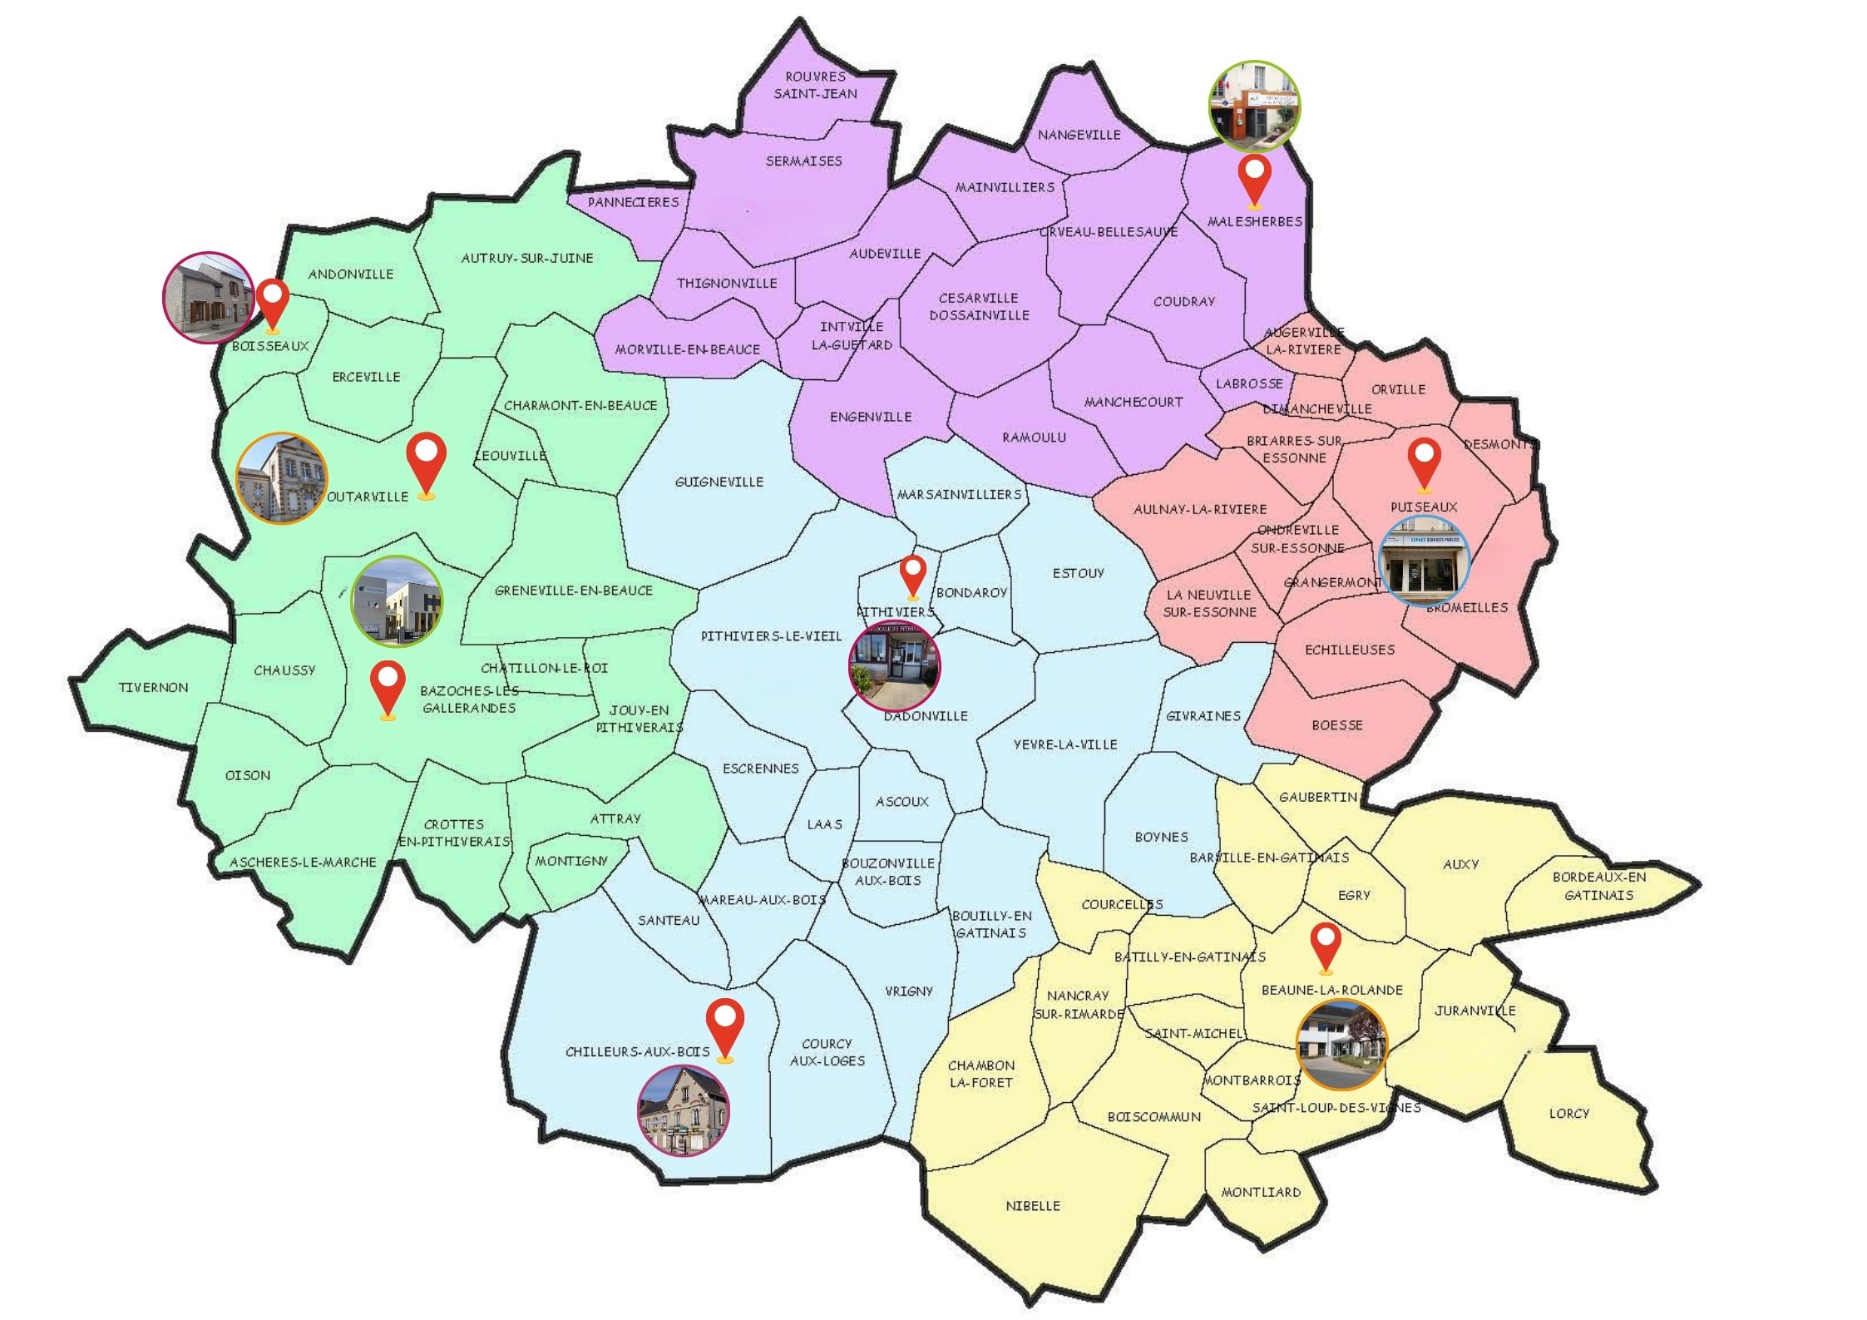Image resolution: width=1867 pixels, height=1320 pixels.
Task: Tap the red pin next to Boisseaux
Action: pyautogui.click(x=272, y=302)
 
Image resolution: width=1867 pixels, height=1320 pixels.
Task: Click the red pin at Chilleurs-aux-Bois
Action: pyautogui.click(x=725, y=1025)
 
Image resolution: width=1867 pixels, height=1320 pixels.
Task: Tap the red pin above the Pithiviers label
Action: pyautogui.click(x=913, y=574)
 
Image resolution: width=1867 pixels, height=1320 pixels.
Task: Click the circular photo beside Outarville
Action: pyautogui.click(x=282, y=478)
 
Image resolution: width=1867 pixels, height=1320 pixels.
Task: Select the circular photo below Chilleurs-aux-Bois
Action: pyautogui.click(x=684, y=1110)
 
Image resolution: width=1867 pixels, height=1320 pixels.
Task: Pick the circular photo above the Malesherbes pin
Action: pyautogui.click(x=1254, y=106)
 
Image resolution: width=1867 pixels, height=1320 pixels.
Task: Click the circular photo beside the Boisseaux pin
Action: pyautogui.click(x=208, y=297)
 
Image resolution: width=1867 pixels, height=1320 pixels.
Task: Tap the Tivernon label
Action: pyautogui.click(x=154, y=687)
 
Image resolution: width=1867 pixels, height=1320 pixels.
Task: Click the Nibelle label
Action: pyautogui.click(x=1033, y=1205)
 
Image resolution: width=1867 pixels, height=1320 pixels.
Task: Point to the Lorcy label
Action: pyautogui.click(x=1568, y=1113)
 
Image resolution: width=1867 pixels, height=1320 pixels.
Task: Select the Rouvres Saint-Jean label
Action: pyautogui.click(x=815, y=85)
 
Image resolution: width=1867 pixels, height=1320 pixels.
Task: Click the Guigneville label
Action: pyautogui.click(x=719, y=482)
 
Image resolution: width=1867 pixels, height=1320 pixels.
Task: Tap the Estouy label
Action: pyautogui.click(x=1079, y=573)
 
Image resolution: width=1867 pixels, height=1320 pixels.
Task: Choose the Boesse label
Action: pyautogui.click(x=1337, y=724)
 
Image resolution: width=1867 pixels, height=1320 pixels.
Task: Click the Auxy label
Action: pyautogui.click(x=1461, y=864)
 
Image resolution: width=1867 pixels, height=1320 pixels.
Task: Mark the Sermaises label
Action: pyautogui.click(x=804, y=161)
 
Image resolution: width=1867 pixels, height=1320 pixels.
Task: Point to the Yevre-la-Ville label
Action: pyautogui.click(x=1065, y=744)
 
